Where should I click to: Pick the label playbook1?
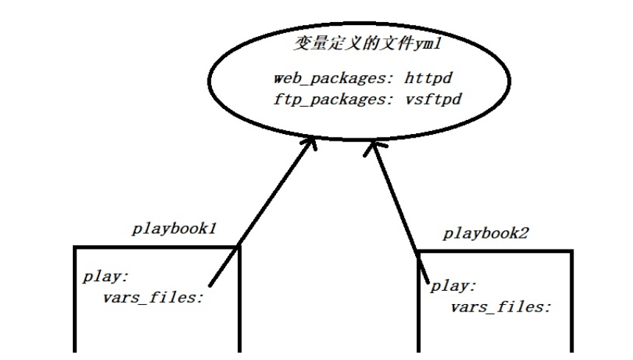click(x=174, y=228)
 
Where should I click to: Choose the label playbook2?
click(x=487, y=234)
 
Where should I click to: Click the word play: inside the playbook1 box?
click(x=106, y=278)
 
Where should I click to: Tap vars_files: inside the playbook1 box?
click(x=152, y=298)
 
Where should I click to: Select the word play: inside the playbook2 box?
click(x=453, y=286)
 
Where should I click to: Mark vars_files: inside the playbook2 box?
click(x=501, y=306)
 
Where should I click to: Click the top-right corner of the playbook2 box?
click(x=571, y=252)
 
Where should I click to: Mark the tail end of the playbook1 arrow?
click(x=211, y=285)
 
